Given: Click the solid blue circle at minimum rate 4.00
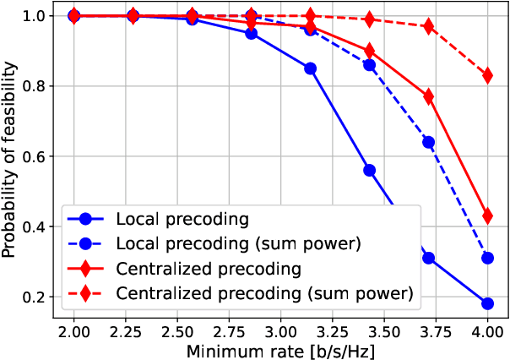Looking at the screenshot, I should pos(487,304).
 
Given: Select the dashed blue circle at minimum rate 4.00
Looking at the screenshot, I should pos(487,258).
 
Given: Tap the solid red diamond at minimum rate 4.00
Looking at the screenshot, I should pos(487,216).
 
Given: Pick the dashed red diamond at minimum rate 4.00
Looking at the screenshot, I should pos(487,75).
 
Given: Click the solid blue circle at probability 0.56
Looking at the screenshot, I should pos(369,170).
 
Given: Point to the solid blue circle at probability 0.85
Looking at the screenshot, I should pos(310,68).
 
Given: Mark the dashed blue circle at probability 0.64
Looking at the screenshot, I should pos(428,142).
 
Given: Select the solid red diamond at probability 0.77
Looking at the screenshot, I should pos(428,96).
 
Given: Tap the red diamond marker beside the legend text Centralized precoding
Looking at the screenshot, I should pos(86,269).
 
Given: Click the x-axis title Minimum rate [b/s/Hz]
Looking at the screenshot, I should pos(280,347).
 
